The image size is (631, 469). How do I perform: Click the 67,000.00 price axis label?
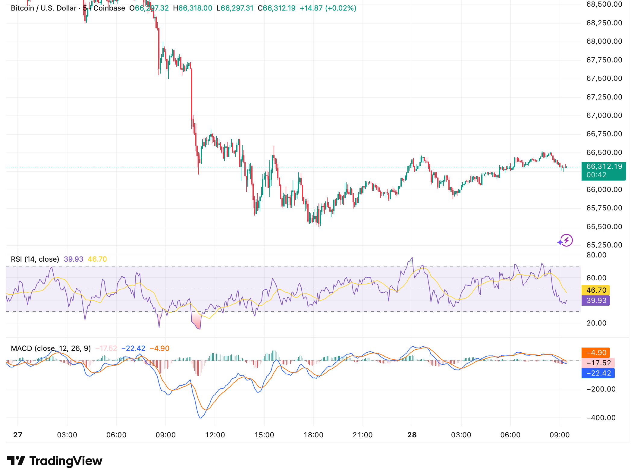[x=604, y=115]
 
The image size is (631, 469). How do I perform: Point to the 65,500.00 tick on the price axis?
[x=604, y=227]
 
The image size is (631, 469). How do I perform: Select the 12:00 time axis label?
[x=215, y=435]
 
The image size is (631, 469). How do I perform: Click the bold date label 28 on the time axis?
[x=412, y=435]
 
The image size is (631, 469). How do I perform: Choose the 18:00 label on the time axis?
[x=313, y=435]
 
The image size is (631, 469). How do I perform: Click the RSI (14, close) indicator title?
[x=35, y=259]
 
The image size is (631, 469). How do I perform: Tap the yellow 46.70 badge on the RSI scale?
[x=596, y=290]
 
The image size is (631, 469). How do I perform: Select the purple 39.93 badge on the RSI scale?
[x=596, y=301]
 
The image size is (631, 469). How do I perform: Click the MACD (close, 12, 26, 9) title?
[x=51, y=348]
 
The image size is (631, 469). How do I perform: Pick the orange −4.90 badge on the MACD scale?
[x=596, y=353]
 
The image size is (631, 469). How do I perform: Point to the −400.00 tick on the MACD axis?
[x=601, y=418]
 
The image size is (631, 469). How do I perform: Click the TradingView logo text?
[x=66, y=461]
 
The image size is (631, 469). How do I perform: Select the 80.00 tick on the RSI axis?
[x=596, y=255]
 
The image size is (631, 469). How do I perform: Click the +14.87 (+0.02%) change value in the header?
[x=328, y=8]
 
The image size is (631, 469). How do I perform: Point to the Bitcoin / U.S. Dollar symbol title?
[x=44, y=8]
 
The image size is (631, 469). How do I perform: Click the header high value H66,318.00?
[x=193, y=8]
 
